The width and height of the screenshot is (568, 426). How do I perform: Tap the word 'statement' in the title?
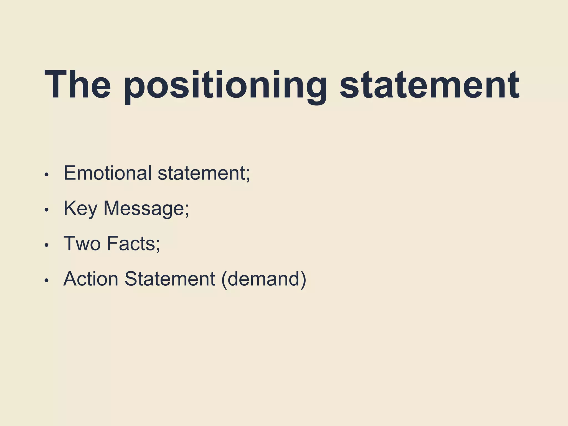(x=429, y=85)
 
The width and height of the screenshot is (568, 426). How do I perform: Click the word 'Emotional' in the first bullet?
(x=108, y=173)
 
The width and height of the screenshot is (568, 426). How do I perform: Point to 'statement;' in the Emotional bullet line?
(x=204, y=173)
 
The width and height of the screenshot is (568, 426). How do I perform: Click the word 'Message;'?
(x=146, y=209)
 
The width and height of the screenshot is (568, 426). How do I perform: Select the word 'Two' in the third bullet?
(x=82, y=244)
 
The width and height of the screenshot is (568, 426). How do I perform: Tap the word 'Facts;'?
(x=133, y=244)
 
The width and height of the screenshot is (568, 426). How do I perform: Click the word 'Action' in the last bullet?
(x=91, y=279)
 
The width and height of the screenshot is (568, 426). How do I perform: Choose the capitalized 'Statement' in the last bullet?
(x=170, y=279)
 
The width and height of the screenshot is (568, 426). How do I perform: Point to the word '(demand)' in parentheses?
(x=264, y=279)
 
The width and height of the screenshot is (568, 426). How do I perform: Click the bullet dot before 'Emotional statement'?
(x=47, y=175)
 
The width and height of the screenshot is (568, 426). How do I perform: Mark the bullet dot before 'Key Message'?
(x=47, y=210)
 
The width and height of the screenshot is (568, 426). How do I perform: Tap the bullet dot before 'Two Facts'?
(x=47, y=245)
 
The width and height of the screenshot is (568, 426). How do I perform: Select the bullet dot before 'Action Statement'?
(x=47, y=280)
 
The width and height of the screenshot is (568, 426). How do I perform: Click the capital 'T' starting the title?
(x=55, y=85)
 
